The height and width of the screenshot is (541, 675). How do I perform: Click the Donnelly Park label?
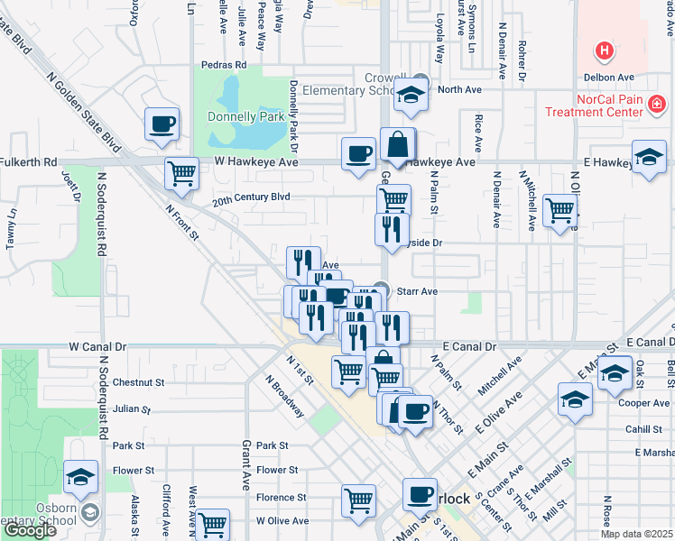(x=245, y=116)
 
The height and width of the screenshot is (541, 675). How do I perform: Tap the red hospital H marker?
(x=605, y=51)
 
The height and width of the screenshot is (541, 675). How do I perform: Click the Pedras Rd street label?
(x=225, y=65)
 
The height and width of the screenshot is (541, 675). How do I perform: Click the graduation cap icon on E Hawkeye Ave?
(x=649, y=157)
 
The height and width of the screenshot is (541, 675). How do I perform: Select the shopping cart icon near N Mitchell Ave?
(x=559, y=210)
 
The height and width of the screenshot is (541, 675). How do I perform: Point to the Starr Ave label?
(x=418, y=291)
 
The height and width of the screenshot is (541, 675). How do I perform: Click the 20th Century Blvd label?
(x=251, y=197)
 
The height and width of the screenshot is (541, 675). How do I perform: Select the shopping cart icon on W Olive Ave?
(x=213, y=523)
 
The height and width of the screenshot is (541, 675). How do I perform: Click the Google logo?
(x=30, y=530)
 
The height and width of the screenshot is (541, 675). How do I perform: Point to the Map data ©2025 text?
(x=635, y=534)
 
